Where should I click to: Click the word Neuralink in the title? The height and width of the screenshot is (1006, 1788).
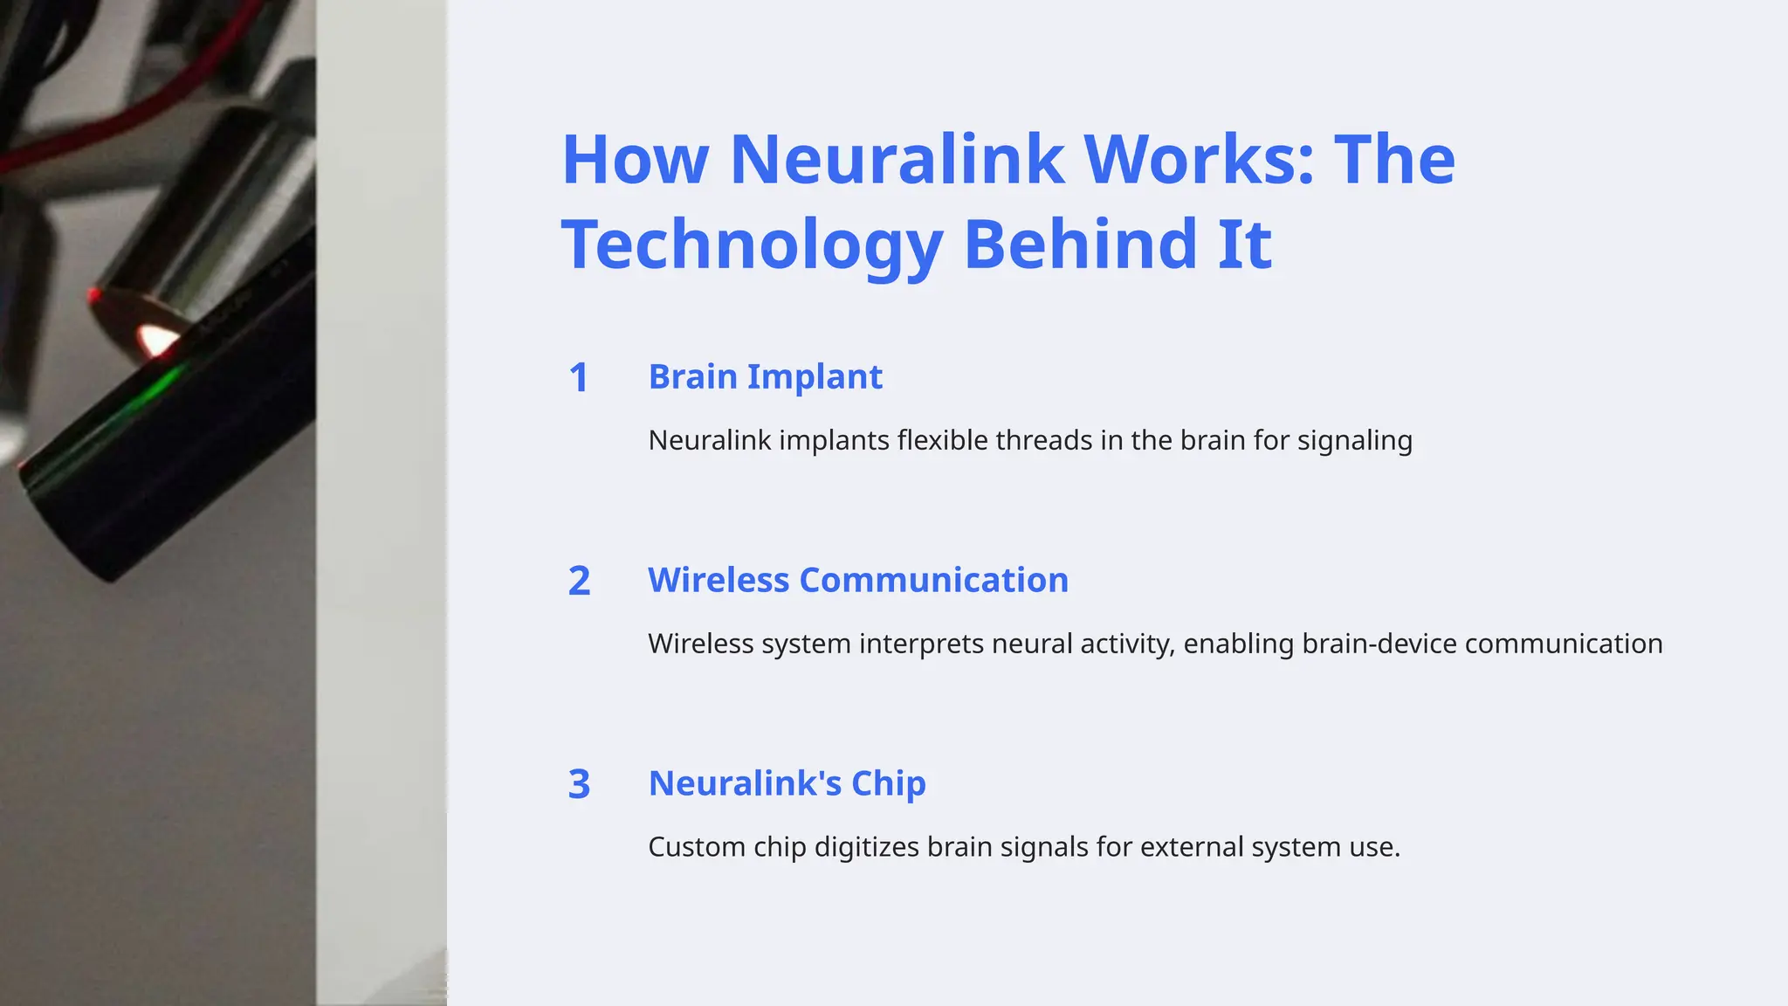897,160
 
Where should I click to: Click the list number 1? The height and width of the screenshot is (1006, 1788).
578,378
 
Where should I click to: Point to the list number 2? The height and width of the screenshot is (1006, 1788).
579,582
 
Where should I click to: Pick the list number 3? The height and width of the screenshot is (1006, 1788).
579,784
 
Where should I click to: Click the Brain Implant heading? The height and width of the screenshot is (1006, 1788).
765,377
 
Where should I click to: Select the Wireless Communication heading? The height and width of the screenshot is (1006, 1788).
857,581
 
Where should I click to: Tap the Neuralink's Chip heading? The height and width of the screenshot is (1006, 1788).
787,783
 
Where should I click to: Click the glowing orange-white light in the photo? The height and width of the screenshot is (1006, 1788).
155,339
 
